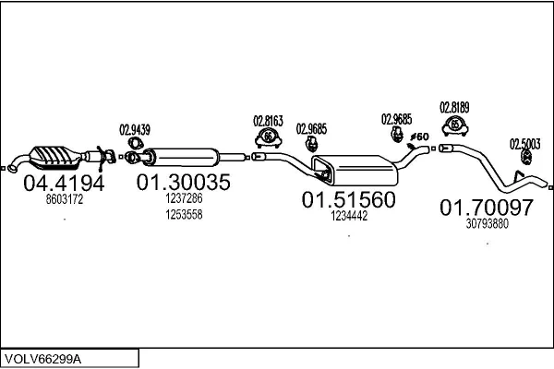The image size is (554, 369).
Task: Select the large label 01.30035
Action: pyautogui.click(x=183, y=183)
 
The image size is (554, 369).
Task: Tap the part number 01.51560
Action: pyautogui.click(x=348, y=200)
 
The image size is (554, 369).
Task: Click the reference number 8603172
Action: pyautogui.click(x=64, y=199)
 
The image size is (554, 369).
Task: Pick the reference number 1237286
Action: pyautogui.click(x=183, y=198)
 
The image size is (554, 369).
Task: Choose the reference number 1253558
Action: pyautogui.click(x=183, y=214)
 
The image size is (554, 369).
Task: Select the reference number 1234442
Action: pyautogui.click(x=348, y=216)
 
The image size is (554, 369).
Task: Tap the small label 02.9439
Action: pyautogui.click(x=135, y=129)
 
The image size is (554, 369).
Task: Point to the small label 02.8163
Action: pyautogui.click(x=268, y=120)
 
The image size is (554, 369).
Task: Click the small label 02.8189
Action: pyautogui.click(x=454, y=106)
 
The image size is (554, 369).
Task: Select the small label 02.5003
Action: pyautogui.click(x=525, y=143)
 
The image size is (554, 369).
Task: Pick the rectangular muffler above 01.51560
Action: pyautogui.click(x=355, y=170)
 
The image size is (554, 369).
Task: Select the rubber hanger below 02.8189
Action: pyautogui.click(x=454, y=125)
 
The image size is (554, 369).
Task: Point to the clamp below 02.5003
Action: pyautogui.click(x=522, y=163)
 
